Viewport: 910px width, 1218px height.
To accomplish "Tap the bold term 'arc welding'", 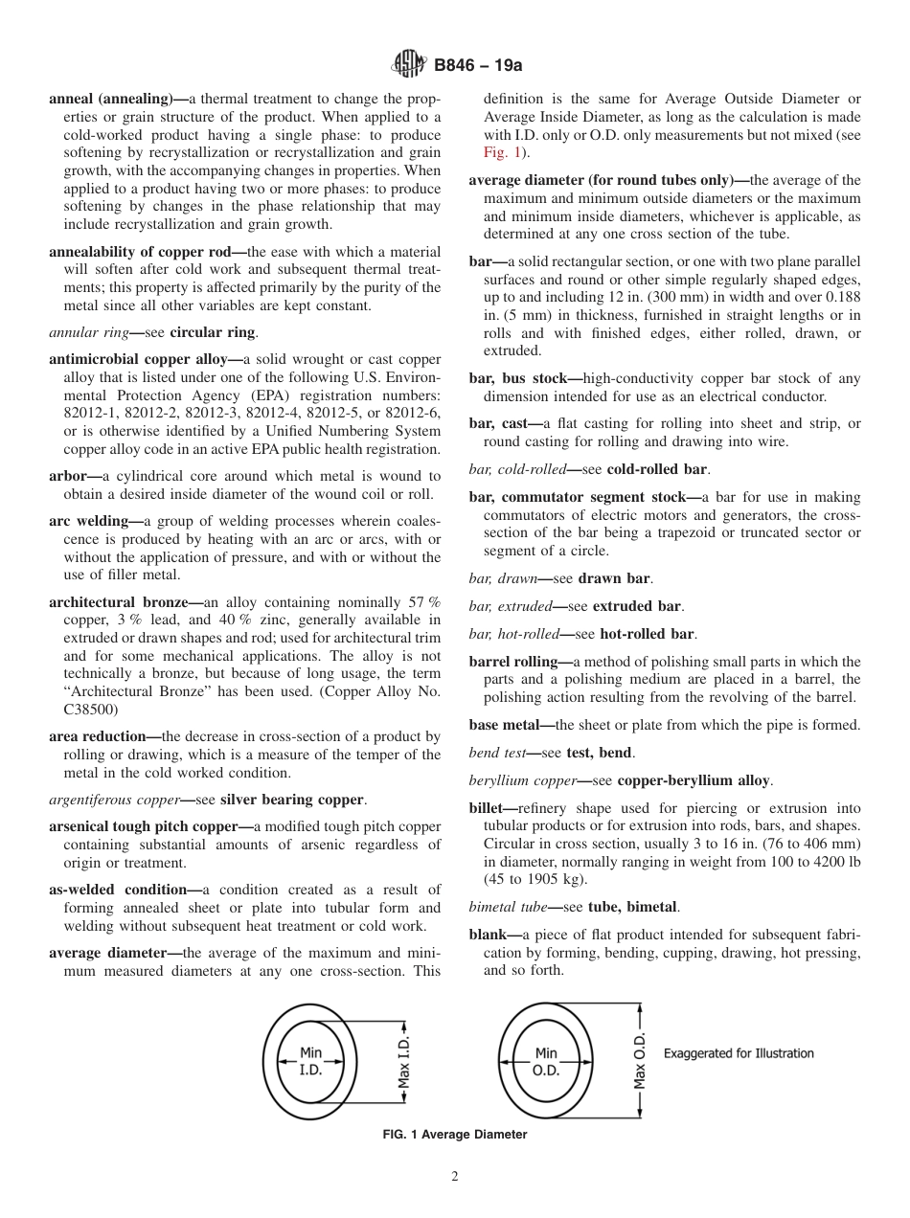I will (x=89, y=521).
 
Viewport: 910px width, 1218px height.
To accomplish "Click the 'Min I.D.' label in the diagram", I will (x=310, y=1061).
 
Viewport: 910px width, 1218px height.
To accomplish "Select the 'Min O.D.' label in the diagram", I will (x=545, y=1061).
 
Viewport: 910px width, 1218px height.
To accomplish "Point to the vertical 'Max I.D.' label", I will (x=405, y=1061).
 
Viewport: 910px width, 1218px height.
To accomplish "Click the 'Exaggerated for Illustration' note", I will (x=739, y=1053).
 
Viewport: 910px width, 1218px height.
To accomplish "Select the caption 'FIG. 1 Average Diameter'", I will (x=455, y=1135).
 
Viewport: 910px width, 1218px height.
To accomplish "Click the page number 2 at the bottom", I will (x=455, y=1177).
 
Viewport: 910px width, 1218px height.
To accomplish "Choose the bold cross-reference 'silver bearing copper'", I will (x=292, y=800).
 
